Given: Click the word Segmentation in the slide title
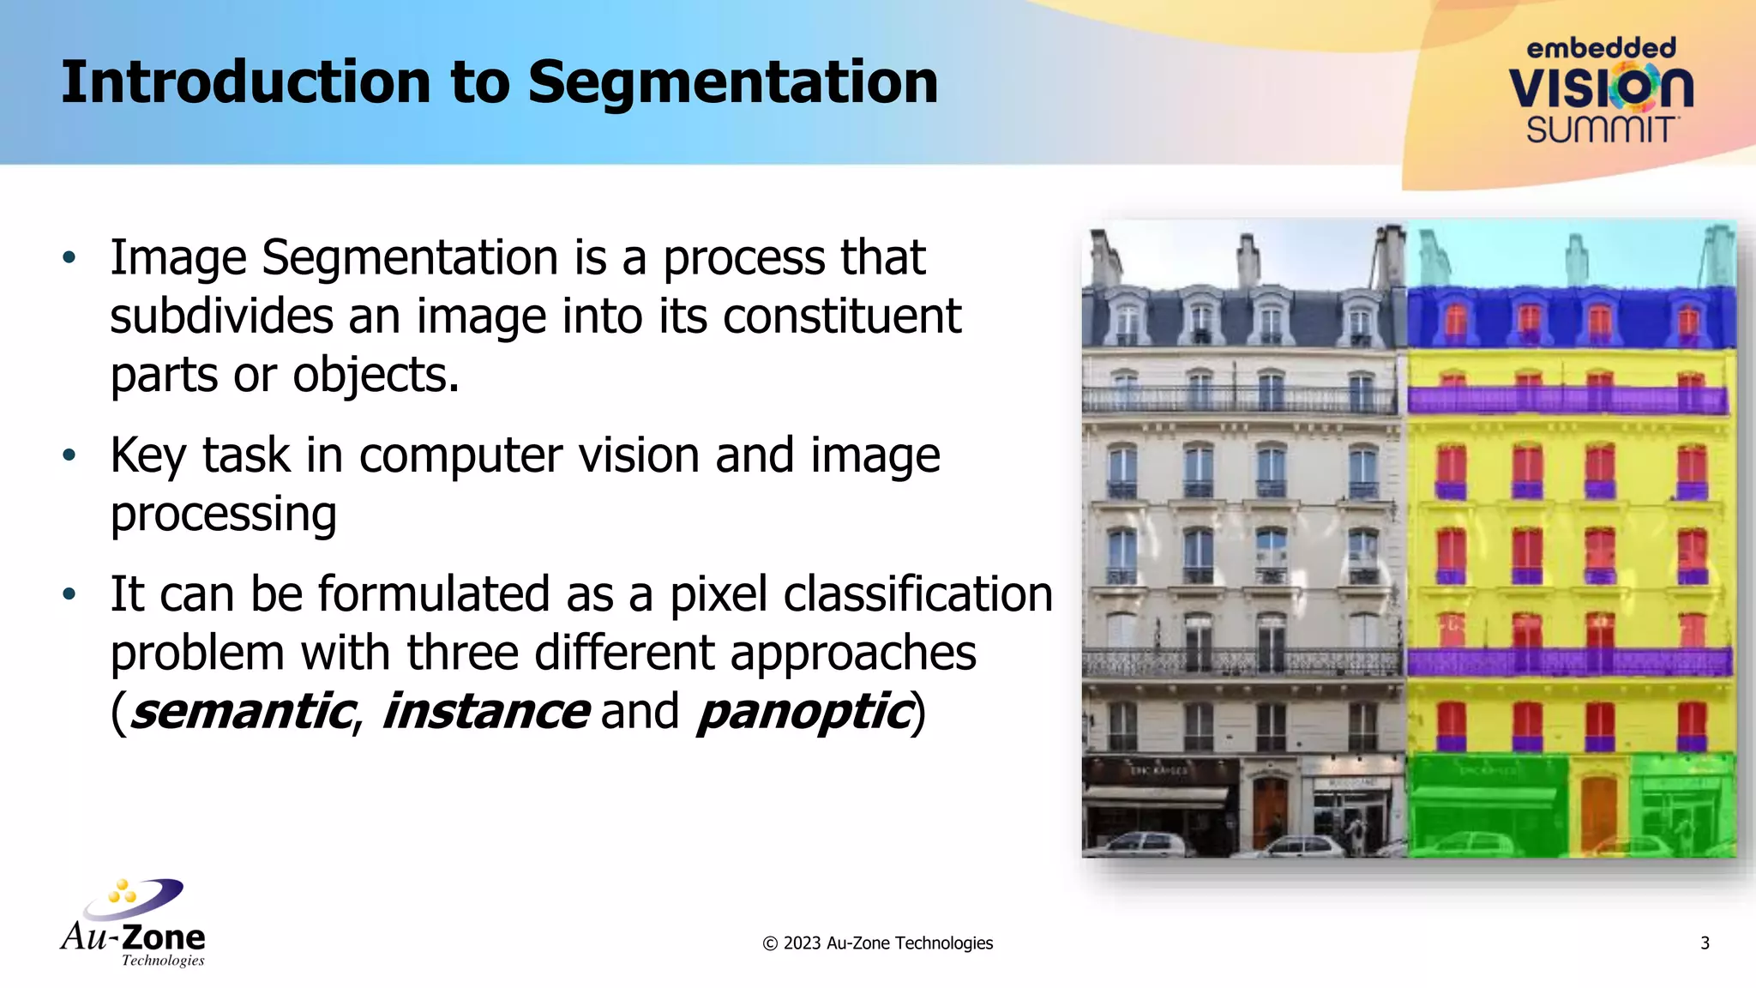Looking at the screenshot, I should [732, 83].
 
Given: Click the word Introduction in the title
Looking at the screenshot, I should [243, 83].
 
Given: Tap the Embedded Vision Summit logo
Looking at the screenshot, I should [1600, 91].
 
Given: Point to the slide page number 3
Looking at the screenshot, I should [1705, 943].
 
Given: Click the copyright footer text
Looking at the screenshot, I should [877, 943].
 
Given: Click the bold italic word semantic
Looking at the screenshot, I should [242, 712].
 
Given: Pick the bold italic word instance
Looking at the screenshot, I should [485, 712].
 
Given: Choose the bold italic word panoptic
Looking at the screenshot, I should [803, 712].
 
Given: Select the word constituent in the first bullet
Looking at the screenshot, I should [841, 316].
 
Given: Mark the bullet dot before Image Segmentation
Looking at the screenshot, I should [69, 257].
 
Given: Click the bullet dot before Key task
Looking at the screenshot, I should [69, 455].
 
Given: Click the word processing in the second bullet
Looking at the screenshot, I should [224, 515].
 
